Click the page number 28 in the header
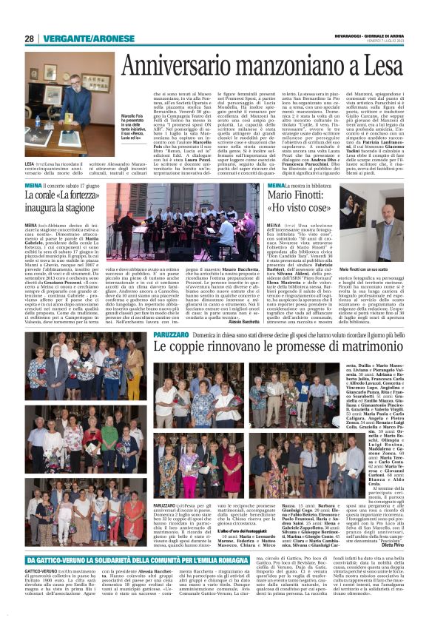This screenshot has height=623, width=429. pos(29,39)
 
